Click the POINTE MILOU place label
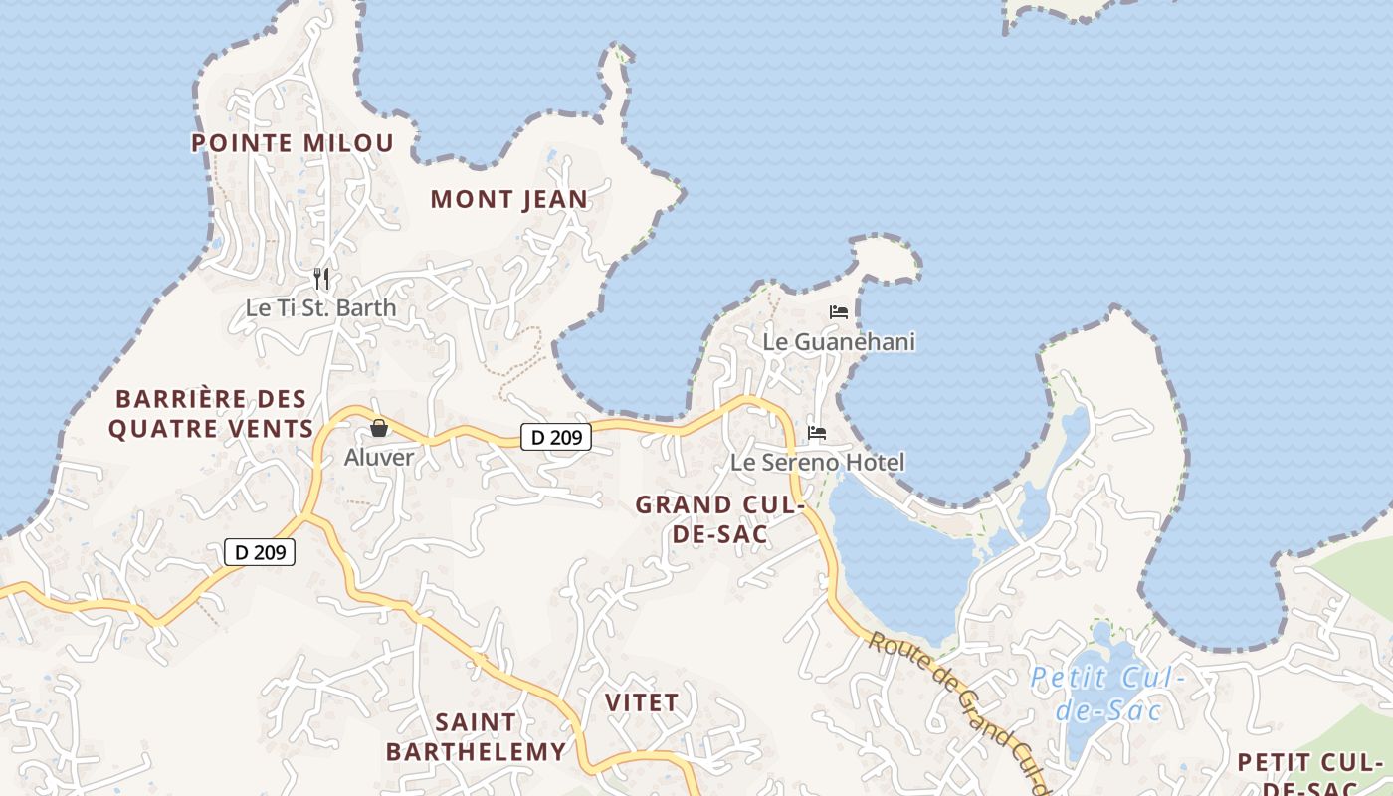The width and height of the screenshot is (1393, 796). (293, 143)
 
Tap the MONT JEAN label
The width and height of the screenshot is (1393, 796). (508, 199)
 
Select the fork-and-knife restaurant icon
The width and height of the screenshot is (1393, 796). (320, 278)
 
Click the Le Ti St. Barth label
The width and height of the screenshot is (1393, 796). (320, 307)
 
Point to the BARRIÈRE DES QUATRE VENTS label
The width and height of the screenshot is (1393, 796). (211, 414)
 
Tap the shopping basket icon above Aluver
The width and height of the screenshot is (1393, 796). (379, 428)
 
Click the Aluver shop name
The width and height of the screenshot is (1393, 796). (379, 458)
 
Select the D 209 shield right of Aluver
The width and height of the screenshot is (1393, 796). (556, 436)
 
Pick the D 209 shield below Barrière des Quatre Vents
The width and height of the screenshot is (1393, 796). (260, 552)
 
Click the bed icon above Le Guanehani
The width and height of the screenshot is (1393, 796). (839, 312)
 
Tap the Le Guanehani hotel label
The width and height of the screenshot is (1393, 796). (839, 342)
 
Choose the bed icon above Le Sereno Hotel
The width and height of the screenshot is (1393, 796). (817, 432)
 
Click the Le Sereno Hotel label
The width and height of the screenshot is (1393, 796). (817, 463)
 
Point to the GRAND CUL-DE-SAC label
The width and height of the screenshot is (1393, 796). (719, 519)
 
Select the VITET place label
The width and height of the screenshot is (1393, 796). (642, 702)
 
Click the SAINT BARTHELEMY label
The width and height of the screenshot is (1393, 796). (476, 737)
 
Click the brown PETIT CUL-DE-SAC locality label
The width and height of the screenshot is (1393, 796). (1310, 770)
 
